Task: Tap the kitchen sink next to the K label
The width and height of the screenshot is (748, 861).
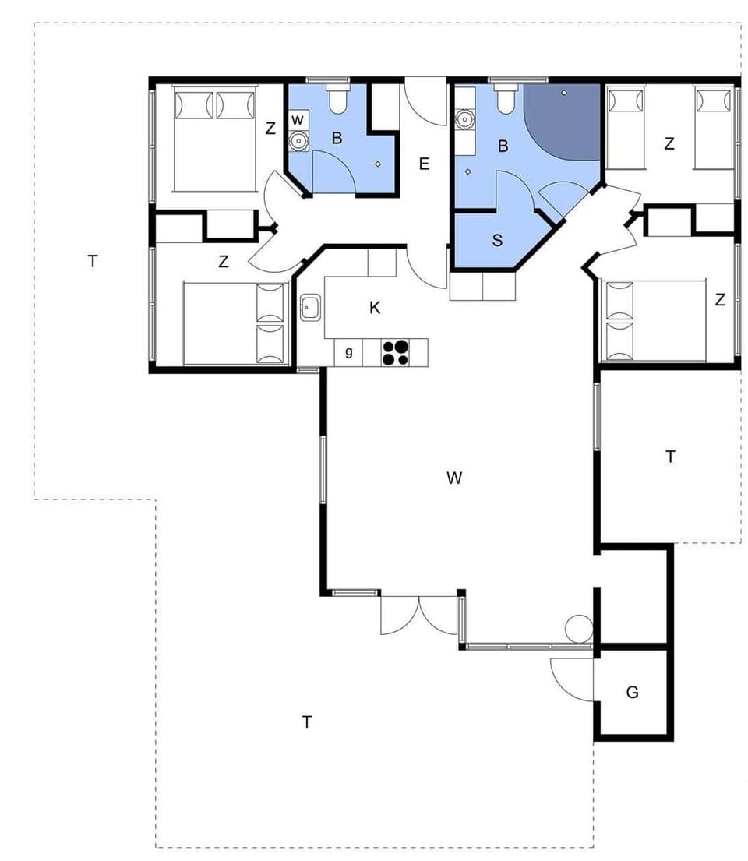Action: [311, 308]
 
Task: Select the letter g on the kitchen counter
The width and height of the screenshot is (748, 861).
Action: [349, 352]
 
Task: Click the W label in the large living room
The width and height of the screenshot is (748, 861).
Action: [454, 478]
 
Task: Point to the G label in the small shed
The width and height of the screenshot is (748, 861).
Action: [632, 692]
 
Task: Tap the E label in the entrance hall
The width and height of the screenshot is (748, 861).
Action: [424, 164]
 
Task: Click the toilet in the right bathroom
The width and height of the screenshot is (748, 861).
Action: [504, 100]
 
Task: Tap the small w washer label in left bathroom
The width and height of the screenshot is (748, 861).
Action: [297, 120]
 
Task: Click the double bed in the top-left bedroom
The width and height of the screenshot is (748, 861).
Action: [215, 140]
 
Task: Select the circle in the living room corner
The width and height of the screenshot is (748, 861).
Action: [580, 628]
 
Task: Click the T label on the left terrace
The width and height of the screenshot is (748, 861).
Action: [93, 261]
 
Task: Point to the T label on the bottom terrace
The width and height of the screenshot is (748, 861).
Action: [307, 722]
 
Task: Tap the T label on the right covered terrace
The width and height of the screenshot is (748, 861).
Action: [670, 457]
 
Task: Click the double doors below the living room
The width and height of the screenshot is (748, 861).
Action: [419, 616]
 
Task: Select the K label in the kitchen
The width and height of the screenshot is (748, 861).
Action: [375, 308]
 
